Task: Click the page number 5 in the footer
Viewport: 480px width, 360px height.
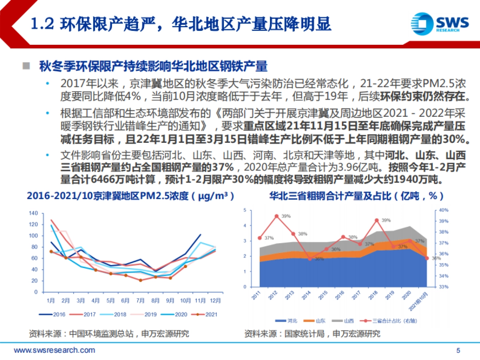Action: tap(458, 351)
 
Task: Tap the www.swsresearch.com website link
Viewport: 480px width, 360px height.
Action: tap(55, 350)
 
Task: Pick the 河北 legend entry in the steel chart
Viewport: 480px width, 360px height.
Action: tap(287, 321)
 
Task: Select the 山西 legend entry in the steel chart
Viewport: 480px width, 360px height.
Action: tap(344, 321)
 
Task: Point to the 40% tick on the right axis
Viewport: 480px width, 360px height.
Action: tap(444, 210)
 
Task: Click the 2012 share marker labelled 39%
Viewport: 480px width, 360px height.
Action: tap(276, 216)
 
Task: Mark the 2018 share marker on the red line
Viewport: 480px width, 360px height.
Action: tap(376, 220)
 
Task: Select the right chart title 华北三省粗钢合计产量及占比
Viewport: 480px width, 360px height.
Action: tap(356, 197)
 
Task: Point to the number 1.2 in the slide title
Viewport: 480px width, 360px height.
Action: tap(42, 25)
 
